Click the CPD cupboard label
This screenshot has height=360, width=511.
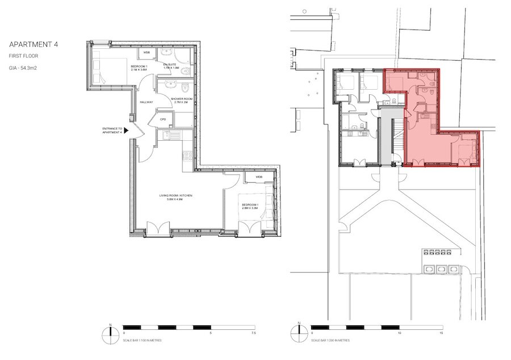pyautogui.click(x=162, y=120)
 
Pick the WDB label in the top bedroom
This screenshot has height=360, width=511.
pyautogui.click(x=146, y=53)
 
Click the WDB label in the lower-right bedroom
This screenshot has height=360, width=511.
pyautogui.click(x=259, y=177)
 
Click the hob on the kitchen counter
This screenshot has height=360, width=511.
pyautogui.click(x=187, y=155)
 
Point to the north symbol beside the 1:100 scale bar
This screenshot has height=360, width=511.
pyautogui.click(x=111, y=331)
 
